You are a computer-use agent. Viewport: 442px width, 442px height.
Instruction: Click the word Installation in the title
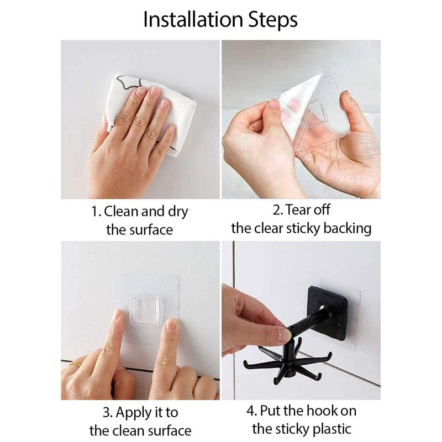[x=193, y=19]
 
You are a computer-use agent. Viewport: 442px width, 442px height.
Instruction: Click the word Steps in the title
[x=273, y=20]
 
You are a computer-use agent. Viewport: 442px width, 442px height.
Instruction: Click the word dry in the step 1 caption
[x=178, y=212]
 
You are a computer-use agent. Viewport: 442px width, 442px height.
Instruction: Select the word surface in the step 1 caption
[x=151, y=230]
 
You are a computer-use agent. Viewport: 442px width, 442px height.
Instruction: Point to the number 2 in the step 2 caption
[x=276, y=211]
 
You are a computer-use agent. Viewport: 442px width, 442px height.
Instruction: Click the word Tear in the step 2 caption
[x=295, y=210]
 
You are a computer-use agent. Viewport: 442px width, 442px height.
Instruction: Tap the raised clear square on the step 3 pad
[x=144, y=309]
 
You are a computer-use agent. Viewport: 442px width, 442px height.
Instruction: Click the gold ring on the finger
[x=75, y=364]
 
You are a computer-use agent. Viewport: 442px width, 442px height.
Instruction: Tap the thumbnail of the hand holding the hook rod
[x=284, y=335]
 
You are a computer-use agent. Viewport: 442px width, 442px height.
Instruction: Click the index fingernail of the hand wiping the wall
[x=140, y=92]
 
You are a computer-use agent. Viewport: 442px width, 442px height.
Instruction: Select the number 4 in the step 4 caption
[x=250, y=411]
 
